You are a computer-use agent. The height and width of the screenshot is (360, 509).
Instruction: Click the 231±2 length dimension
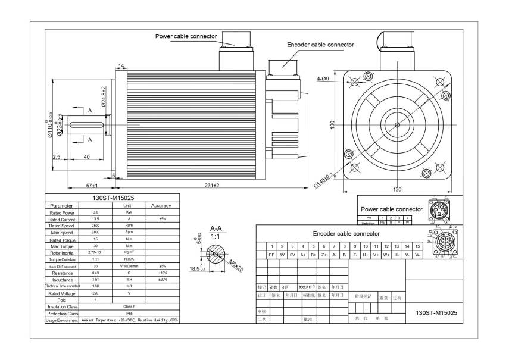(213, 186)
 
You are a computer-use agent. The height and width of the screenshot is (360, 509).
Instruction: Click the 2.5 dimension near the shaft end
(57, 157)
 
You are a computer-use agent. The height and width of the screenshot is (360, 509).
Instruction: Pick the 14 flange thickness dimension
(121, 65)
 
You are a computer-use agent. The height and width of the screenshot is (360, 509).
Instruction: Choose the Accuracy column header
(161, 206)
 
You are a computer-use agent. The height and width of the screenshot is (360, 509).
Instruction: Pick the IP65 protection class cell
(129, 313)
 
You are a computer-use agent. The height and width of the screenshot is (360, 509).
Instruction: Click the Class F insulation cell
(129, 306)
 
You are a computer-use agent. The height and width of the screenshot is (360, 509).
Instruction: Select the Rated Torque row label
(62, 240)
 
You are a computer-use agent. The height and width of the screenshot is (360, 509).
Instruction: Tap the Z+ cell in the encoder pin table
(323, 255)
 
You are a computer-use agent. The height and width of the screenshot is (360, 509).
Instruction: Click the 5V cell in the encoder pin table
(282, 255)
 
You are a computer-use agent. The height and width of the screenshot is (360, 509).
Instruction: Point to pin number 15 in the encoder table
(417, 246)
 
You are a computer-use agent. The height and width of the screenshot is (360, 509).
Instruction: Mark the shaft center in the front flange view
(397, 124)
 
